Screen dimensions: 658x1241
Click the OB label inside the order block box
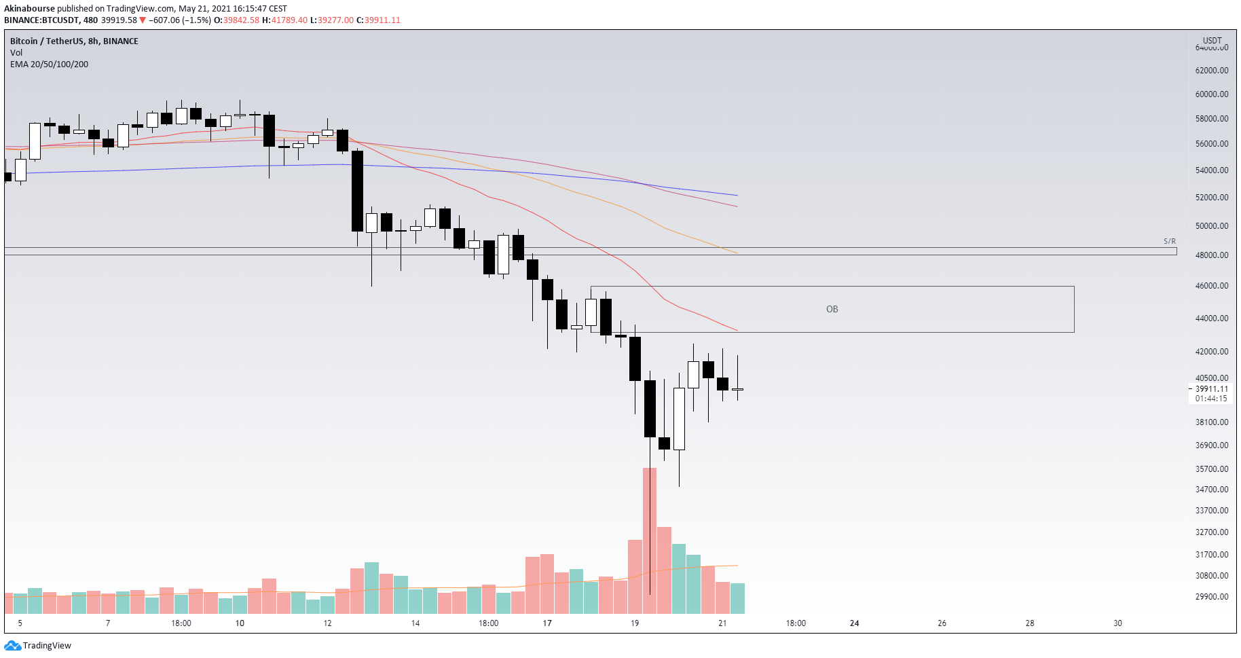coord(832,309)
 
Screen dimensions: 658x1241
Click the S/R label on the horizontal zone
coord(1169,241)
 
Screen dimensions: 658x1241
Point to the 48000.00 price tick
coord(1211,255)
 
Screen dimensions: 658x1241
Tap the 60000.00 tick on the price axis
coord(1211,94)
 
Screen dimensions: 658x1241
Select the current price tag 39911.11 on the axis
coord(1211,389)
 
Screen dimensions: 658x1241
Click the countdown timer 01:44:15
coord(1211,399)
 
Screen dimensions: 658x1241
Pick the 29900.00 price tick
coord(1211,597)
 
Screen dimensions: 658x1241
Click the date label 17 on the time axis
coord(547,623)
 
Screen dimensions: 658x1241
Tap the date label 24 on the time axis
coord(854,623)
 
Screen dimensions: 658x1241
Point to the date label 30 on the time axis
coord(1117,623)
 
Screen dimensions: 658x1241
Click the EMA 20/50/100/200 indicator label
coord(49,65)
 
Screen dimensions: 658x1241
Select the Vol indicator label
coord(16,53)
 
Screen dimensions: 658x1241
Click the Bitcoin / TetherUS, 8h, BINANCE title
coord(74,41)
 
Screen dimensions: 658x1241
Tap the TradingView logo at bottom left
coord(38,646)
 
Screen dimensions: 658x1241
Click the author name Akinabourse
coord(29,9)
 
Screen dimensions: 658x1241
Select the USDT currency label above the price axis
coord(1212,41)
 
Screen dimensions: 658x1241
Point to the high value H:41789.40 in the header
coord(284,20)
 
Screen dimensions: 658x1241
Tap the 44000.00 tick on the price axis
coord(1211,318)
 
